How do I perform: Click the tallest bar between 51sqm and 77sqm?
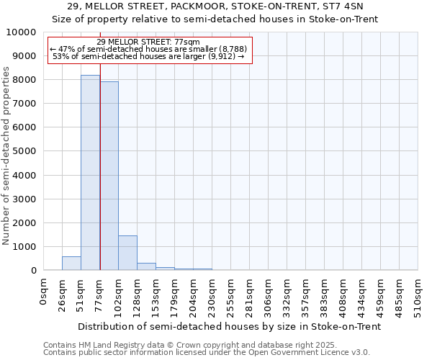(90, 173)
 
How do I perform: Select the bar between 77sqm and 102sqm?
(109, 176)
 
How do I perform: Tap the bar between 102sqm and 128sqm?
(127, 253)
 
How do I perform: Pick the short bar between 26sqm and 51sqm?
(71, 264)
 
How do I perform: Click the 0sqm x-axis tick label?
(44, 291)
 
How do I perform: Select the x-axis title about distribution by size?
(229, 326)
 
